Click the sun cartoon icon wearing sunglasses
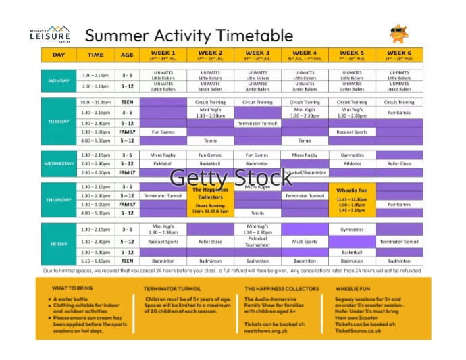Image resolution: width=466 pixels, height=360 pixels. coord(399,34)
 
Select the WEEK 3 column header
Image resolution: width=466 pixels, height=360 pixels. coord(257,55)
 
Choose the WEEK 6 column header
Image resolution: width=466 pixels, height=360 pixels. coord(399,55)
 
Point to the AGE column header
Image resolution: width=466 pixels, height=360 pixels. coord(127,55)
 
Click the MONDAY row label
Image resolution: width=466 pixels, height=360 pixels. coord(59,80)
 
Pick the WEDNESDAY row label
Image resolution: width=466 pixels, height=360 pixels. coord(59,163)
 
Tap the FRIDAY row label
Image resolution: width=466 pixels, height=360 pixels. coord(59,243)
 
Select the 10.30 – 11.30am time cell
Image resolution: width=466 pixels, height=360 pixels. coord(95,102)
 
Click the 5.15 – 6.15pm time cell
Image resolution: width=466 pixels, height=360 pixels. coord(95,261)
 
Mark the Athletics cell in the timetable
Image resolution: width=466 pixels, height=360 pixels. coord(352,163)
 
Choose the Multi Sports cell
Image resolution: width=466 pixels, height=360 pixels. coord(305,241)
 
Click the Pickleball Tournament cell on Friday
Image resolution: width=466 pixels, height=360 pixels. coord(257,241)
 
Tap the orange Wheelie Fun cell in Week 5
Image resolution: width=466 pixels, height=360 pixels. coord(352,200)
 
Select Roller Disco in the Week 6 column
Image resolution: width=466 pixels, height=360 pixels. coord(399,163)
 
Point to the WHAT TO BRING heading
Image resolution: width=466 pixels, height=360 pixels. coord(72,288)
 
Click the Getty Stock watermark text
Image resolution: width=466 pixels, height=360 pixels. coord(230,178)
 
